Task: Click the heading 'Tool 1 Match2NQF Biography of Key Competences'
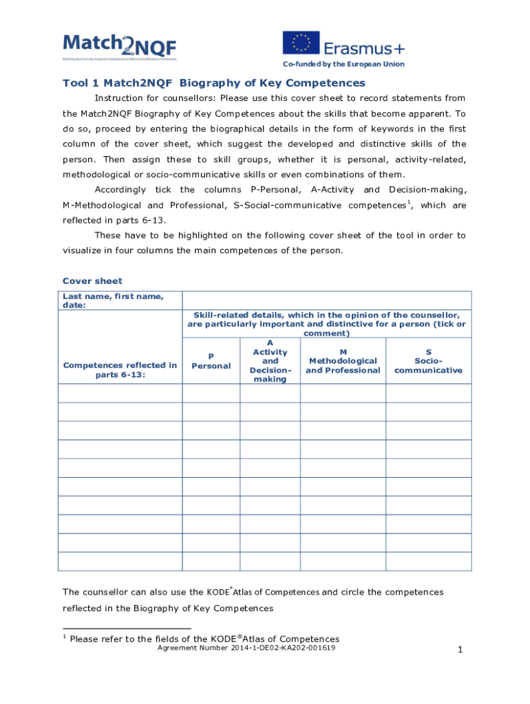click(x=214, y=83)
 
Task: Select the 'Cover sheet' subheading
click(x=92, y=280)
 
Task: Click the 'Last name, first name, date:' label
click(x=113, y=300)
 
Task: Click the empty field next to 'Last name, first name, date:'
click(x=326, y=300)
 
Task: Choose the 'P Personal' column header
click(x=211, y=361)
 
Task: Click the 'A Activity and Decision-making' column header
click(x=270, y=361)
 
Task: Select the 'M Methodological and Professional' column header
click(x=343, y=361)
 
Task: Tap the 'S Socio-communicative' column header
click(x=428, y=361)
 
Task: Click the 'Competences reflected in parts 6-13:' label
click(x=120, y=370)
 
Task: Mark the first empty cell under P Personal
click(x=211, y=393)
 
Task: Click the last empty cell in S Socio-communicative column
click(x=428, y=562)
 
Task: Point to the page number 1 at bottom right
click(x=458, y=650)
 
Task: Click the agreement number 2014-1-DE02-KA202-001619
click(x=246, y=648)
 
